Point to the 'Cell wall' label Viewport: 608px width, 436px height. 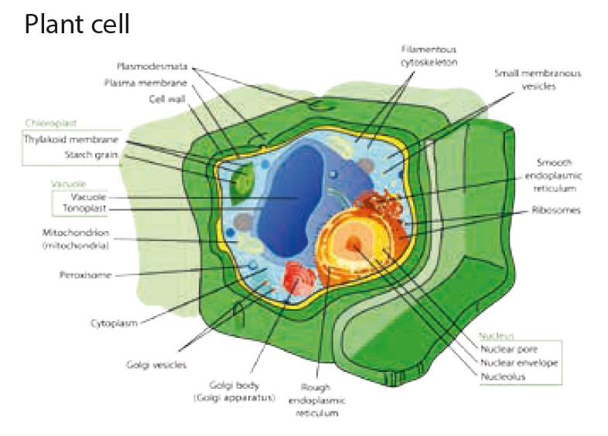163,98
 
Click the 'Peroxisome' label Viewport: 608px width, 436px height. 81,274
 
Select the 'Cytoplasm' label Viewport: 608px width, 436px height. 114,323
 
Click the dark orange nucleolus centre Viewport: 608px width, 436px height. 355,244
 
